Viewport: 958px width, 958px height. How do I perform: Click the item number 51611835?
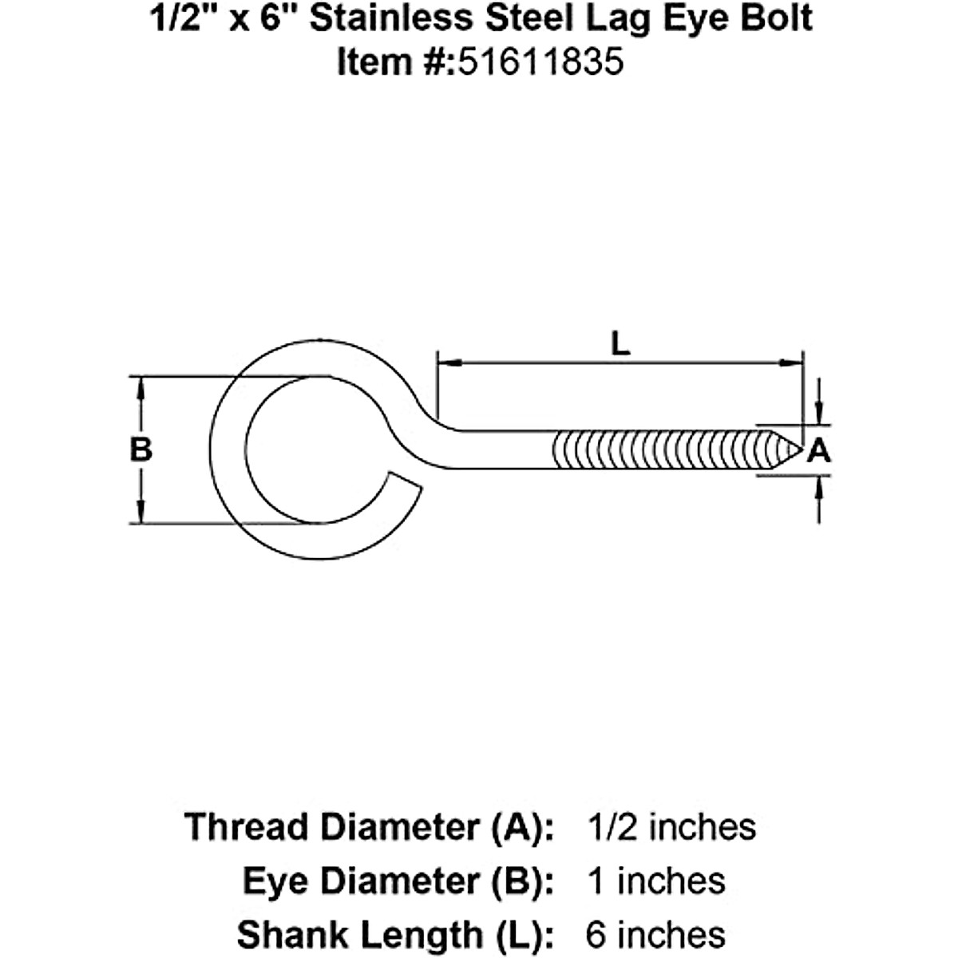coord(539,61)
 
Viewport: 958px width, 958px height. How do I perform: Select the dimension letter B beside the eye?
coord(141,450)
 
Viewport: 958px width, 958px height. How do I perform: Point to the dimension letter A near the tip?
coord(819,452)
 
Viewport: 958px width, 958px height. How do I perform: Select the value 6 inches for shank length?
coord(655,934)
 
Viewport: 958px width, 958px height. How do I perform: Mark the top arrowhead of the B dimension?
coord(141,387)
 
